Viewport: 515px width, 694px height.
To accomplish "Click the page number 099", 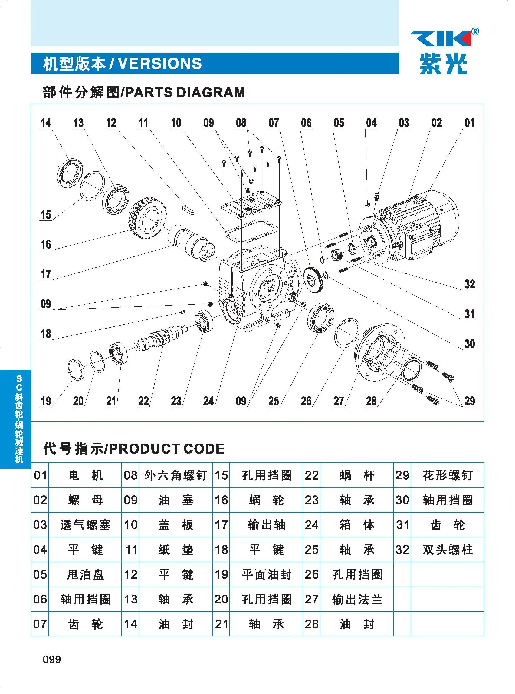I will click(x=52, y=659).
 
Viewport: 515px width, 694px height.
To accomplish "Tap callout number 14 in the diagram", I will click(x=45, y=123).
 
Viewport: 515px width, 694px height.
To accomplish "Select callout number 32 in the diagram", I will click(x=470, y=284).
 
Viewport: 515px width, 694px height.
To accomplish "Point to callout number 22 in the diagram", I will click(x=143, y=401).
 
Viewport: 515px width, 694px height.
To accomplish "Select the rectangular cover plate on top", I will click(x=252, y=204).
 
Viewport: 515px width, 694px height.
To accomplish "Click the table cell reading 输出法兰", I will click(x=357, y=600).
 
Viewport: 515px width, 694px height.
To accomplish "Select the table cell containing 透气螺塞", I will click(x=85, y=525).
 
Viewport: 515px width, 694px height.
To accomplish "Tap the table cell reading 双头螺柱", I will click(x=447, y=550).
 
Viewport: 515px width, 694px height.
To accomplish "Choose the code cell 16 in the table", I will click(x=221, y=500).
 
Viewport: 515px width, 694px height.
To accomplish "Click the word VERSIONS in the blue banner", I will click(x=160, y=64).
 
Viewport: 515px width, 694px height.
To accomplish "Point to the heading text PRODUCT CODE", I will click(x=166, y=449).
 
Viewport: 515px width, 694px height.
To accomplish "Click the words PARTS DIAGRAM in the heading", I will click(x=185, y=93).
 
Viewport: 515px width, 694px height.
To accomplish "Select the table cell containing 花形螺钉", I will click(x=447, y=475).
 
